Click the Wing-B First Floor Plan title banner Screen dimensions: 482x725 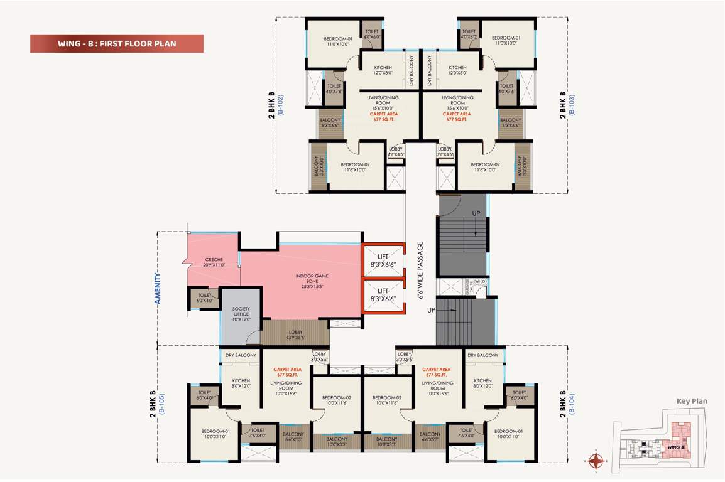coord(117,44)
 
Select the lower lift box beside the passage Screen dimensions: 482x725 coord(383,296)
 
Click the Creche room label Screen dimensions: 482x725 coord(214,262)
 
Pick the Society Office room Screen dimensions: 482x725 coord(241,314)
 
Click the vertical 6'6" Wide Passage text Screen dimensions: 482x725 coord(420,270)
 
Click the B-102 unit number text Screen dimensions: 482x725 coord(281,104)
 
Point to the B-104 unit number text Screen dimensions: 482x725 coord(571,405)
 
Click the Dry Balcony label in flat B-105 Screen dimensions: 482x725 coord(241,355)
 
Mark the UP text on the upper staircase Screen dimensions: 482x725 coord(476,214)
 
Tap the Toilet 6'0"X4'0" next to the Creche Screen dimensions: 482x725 coord(205,297)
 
